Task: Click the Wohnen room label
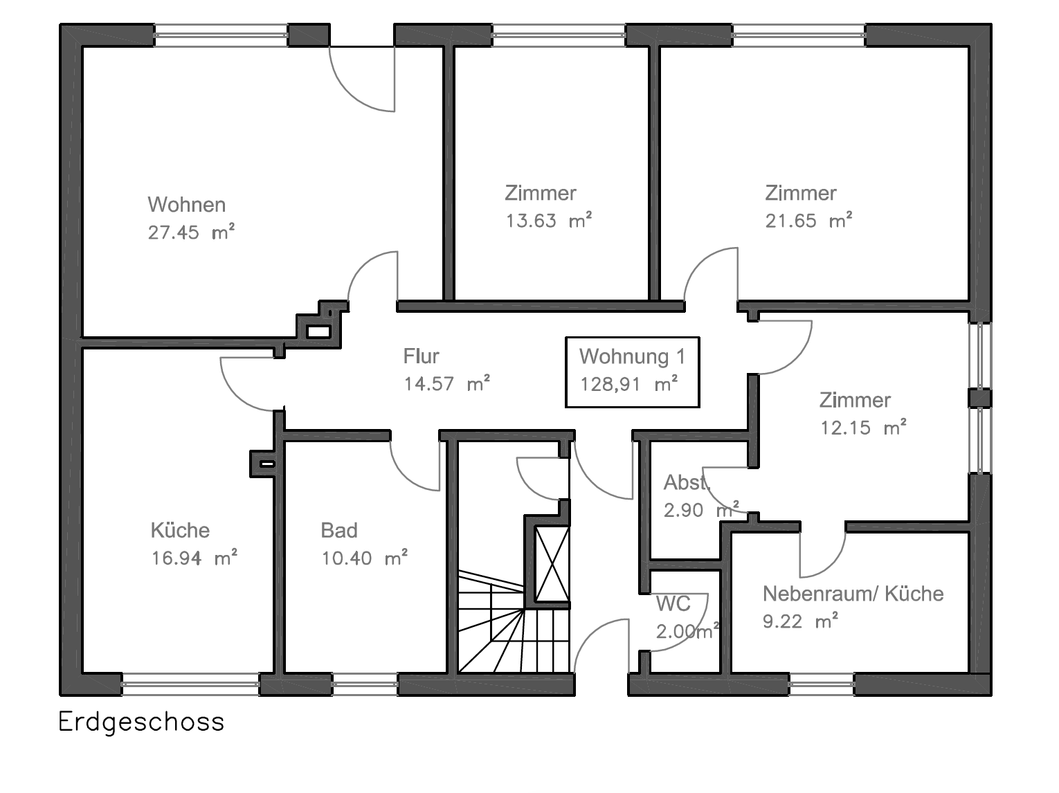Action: click(186, 205)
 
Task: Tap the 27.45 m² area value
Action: click(191, 233)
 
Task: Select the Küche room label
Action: click(180, 531)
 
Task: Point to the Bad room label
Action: click(339, 531)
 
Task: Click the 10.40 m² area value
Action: click(364, 558)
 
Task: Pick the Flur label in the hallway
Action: click(421, 356)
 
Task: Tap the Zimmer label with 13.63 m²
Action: click(540, 193)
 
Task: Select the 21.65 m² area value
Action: click(808, 221)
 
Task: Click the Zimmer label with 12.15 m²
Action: click(855, 400)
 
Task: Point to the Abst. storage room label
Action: click(686, 482)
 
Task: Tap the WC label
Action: click(673, 603)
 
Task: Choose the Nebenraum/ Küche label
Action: click(853, 594)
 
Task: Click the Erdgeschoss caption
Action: click(141, 722)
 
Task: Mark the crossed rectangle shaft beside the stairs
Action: click(552, 564)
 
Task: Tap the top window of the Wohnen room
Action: click(220, 35)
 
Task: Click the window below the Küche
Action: click(190, 684)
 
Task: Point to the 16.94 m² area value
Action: click(194, 558)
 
